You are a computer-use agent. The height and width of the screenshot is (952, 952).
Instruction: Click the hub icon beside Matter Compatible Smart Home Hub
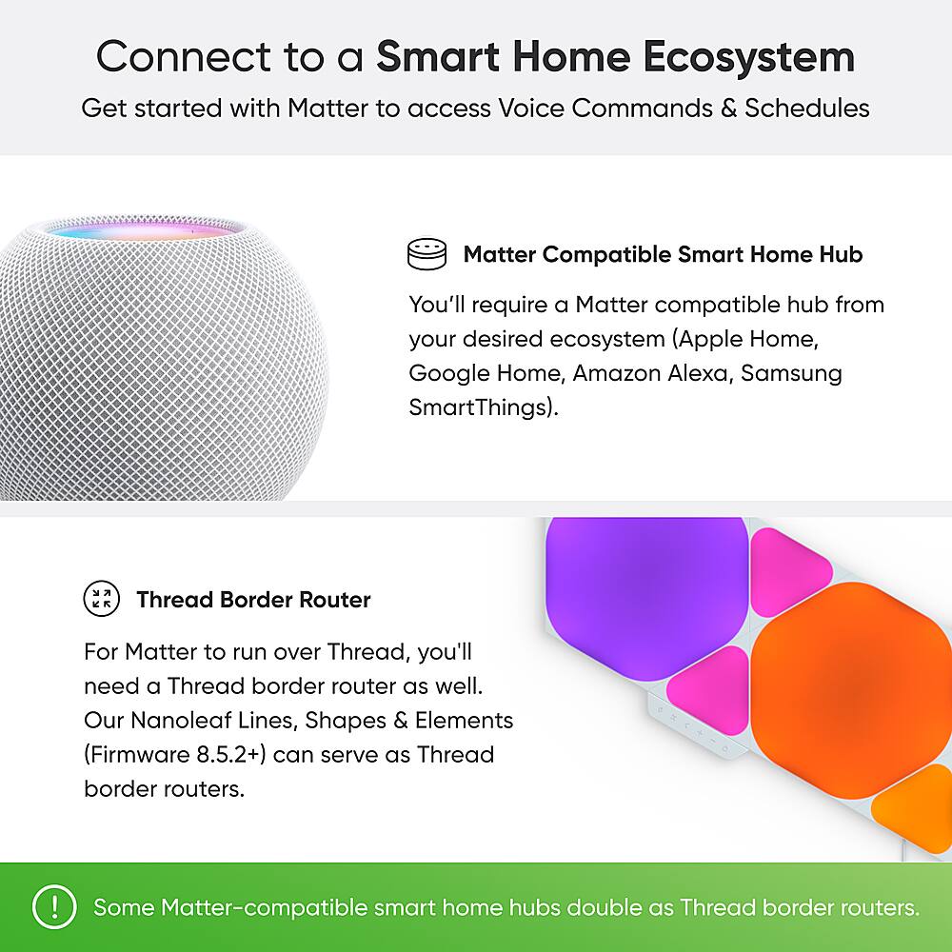(426, 254)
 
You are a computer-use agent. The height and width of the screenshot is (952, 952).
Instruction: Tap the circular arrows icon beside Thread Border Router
(102, 599)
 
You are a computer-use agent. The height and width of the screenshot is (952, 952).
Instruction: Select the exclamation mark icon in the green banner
(53, 907)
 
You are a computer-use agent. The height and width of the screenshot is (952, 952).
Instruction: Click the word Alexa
(694, 372)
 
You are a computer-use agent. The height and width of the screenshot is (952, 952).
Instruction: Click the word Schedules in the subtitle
(807, 108)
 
